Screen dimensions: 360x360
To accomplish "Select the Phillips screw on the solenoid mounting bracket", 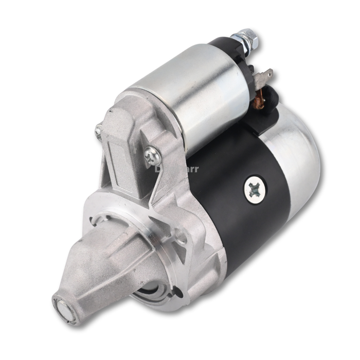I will [152, 153].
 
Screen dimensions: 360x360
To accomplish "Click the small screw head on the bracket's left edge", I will [98, 132].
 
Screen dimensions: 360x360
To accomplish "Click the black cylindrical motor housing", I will [231, 206].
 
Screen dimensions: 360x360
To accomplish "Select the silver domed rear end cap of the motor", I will [298, 154].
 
